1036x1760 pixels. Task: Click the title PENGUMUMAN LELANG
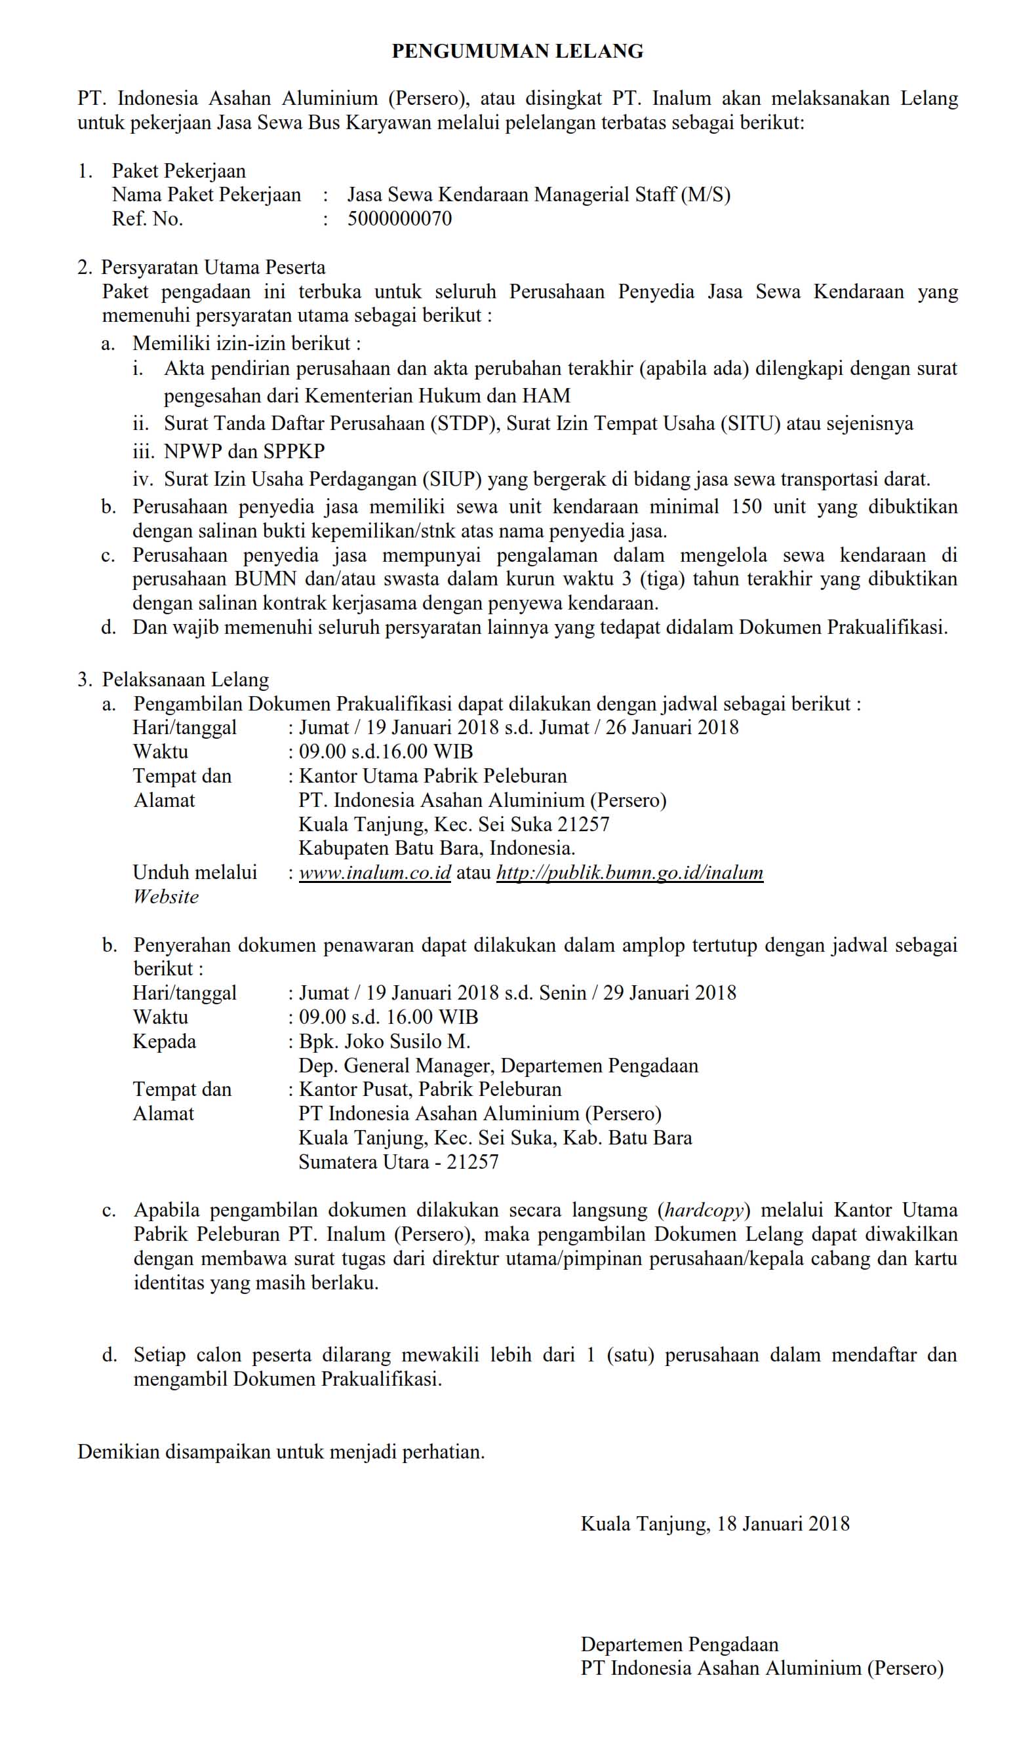pyautogui.click(x=517, y=51)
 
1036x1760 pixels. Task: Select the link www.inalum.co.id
pyautogui.click(x=375, y=872)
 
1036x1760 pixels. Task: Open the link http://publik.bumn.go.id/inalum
pyautogui.click(x=629, y=872)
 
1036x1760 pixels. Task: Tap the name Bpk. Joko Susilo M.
pyautogui.click(x=384, y=1042)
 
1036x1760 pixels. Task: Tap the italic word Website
pyautogui.click(x=167, y=896)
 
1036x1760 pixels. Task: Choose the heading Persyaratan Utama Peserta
pyautogui.click(x=213, y=267)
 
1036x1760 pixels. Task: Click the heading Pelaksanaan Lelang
pyautogui.click(x=185, y=680)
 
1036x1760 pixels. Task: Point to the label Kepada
pyautogui.click(x=164, y=1042)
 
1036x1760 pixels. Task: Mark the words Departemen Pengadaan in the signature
pyautogui.click(x=679, y=1644)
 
